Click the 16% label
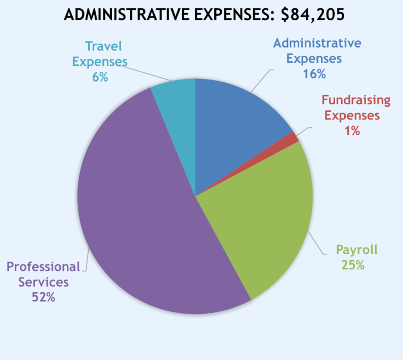tap(314, 73)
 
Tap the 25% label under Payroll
tap(352, 265)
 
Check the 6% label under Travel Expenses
tap(100, 77)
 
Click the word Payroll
tap(356, 250)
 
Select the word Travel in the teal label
tap(104, 46)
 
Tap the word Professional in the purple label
tap(43, 266)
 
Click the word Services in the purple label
tap(43, 282)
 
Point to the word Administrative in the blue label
tap(317, 43)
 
